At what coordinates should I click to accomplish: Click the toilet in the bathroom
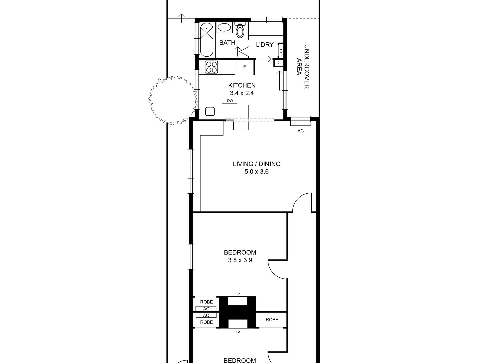pos(240,29)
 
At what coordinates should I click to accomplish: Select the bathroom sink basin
pos(224,28)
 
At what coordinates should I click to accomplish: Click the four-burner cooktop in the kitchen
pos(212,67)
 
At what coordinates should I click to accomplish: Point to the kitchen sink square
pos(210,111)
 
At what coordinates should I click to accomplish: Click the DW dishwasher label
pos(230,101)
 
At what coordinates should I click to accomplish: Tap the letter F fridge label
pos(245,67)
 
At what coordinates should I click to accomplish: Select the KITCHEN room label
pos(242,85)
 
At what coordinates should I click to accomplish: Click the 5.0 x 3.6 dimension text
pos(256,172)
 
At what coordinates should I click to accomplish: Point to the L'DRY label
pos(265,45)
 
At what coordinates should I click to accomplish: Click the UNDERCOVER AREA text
pos(303,67)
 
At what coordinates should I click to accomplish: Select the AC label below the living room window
pos(300,131)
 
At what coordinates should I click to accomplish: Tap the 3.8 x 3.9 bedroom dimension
pos(240,260)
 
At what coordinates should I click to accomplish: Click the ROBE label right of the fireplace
pos(272,320)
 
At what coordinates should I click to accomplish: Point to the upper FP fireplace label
pos(238,294)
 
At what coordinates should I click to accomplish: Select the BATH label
pos(227,43)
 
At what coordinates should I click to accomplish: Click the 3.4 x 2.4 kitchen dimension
pos(242,93)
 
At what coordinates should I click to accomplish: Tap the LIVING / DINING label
pos(257,164)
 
